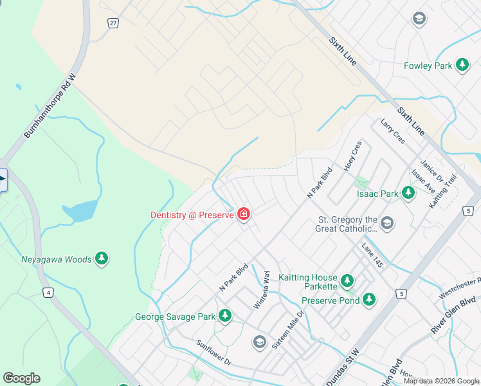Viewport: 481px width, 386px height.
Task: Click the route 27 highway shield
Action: pos(113,23)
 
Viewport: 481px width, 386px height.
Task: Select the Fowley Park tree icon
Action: pos(462,65)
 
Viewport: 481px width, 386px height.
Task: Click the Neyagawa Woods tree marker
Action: pos(101,259)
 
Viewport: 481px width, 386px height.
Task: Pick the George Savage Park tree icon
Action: pos(224,316)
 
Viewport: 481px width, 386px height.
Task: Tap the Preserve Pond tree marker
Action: pos(368,299)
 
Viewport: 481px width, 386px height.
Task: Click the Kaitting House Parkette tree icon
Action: pos(347,280)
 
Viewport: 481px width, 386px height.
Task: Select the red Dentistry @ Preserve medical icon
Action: pos(244,214)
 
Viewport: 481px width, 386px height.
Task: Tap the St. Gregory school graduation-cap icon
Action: pos(386,223)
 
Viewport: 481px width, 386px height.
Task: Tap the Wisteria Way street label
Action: pos(262,290)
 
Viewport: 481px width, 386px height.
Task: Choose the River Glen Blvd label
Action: pos(453,315)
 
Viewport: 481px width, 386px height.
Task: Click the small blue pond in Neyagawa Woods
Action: pos(80,211)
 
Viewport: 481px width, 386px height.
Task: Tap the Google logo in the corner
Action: pos(21,378)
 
